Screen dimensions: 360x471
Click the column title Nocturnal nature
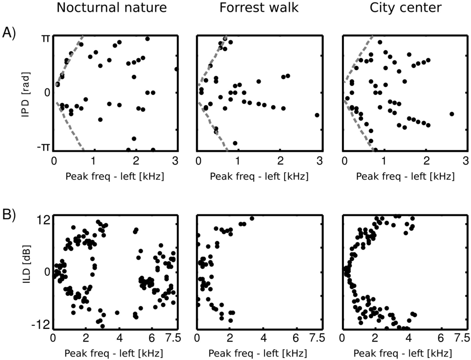click(x=111, y=8)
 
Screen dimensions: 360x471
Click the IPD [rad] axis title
click(x=25, y=92)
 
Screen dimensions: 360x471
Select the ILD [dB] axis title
click(x=25, y=272)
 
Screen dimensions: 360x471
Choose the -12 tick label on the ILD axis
click(x=40, y=327)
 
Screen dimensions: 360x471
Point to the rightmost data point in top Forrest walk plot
click(x=317, y=115)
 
